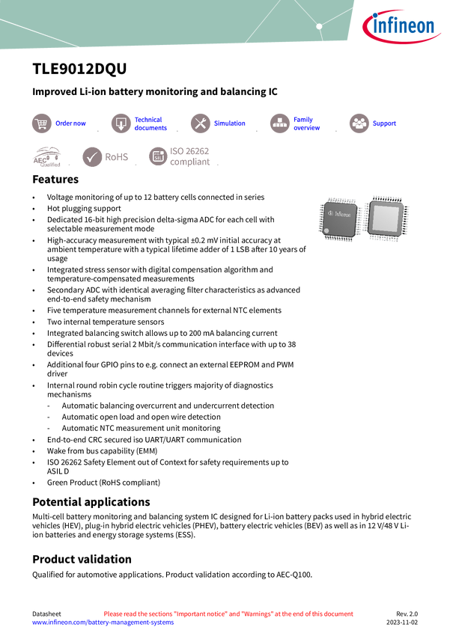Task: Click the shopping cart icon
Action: [x=41, y=123]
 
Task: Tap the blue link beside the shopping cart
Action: [x=71, y=123]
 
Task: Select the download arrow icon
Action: [x=121, y=123]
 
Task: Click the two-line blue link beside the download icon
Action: [x=150, y=123]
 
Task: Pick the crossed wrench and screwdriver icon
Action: [x=200, y=123]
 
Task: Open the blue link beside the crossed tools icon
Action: [x=228, y=123]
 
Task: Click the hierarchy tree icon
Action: [x=279, y=123]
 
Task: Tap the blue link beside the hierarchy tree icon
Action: [x=306, y=123]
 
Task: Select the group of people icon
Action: [x=359, y=123]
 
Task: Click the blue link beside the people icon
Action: [x=384, y=123]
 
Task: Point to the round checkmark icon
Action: [x=92, y=157]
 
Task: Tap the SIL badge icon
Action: [x=157, y=156]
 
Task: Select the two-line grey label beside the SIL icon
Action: [x=190, y=156]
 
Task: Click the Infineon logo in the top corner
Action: [x=404, y=28]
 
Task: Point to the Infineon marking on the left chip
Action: [x=341, y=215]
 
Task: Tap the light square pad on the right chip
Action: [x=386, y=218]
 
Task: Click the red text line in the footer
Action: [x=228, y=614]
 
